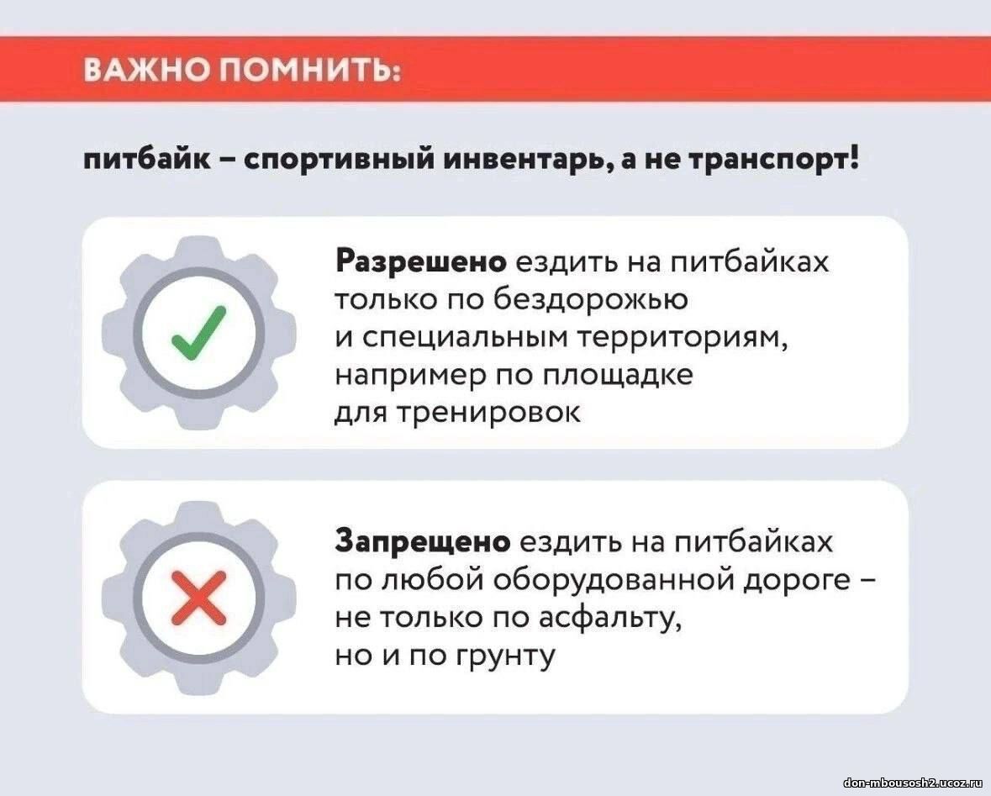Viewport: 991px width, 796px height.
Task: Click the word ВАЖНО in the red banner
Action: (146, 70)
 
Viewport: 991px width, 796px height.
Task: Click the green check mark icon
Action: (198, 333)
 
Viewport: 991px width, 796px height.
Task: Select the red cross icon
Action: (199, 598)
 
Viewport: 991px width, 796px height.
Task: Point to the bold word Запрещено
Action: (423, 542)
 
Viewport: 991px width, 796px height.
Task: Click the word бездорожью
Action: (590, 299)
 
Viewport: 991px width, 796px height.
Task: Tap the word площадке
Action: (618, 376)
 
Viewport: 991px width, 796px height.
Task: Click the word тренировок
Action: (488, 413)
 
